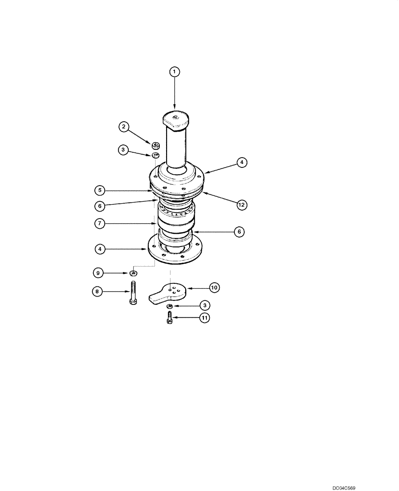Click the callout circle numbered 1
click(x=174, y=72)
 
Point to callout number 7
click(x=100, y=223)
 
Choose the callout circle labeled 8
click(x=98, y=292)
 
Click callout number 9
click(x=98, y=272)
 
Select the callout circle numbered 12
click(x=241, y=205)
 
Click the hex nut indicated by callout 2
click(x=156, y=145)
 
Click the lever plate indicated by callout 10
click(x=168, y=293)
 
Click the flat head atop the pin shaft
click(x=175, y=118)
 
